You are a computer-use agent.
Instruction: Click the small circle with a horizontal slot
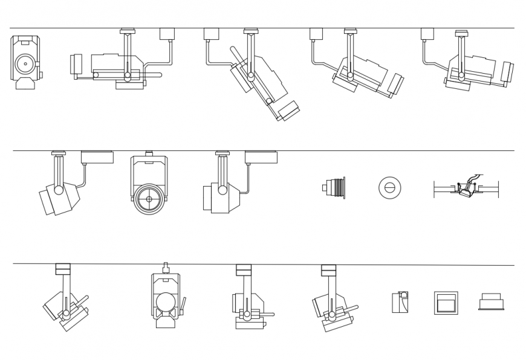tap(389, 188)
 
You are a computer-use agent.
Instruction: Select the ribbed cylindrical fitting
tap(335, 188)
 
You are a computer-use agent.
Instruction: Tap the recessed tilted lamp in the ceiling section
tap(466, 189)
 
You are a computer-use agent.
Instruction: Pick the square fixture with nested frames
tap(446, 303)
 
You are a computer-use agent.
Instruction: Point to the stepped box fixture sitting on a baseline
tap(491, 301)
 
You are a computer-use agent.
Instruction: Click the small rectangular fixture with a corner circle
tap(400, 302)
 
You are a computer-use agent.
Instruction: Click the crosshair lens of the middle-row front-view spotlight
tap(149, 199)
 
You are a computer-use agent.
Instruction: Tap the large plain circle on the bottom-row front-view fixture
tap(165, 301)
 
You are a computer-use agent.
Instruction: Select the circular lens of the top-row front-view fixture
tap(25, 63)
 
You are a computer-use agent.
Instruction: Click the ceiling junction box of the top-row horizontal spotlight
tap(167, 34)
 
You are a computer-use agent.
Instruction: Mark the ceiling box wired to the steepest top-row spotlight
tap(211, 34)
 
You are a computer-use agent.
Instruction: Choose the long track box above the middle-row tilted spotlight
tap(97, 157)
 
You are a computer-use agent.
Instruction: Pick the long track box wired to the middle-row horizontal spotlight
tap(261, 157)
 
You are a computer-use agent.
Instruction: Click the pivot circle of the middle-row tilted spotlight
tap(59, 190)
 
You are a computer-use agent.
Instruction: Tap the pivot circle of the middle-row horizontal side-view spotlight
tap(222, 190)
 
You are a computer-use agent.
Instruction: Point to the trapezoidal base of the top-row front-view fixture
tap(25, 84)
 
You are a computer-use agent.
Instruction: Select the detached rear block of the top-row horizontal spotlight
tap(76, 64)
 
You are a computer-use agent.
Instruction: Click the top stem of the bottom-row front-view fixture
tap(165, 268)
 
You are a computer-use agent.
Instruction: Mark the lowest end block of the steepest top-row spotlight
tap(289, 111)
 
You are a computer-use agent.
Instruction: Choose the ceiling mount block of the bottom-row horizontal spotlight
tap(244, 270)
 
